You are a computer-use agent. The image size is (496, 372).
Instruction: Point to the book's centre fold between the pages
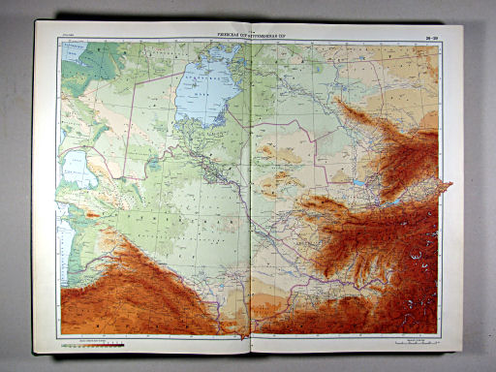click(249, 194)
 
